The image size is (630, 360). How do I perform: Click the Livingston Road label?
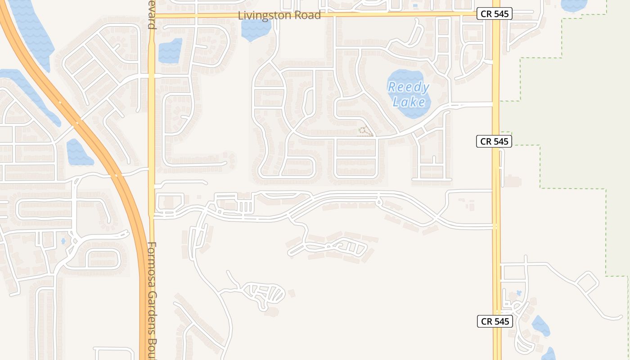[x=279, y=15]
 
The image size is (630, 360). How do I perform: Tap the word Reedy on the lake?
[x=409, y=87]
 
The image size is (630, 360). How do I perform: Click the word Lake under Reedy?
[x=409, y=102]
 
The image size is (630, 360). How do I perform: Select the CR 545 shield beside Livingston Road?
[x=494, y=14]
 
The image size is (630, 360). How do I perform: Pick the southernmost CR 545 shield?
[x=495, y=321]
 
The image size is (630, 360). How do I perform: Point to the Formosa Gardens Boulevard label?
[x=152, y=299]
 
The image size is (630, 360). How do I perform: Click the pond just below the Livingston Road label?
[x=256, y=30]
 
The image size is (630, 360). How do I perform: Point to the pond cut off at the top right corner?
[x=574, y=4]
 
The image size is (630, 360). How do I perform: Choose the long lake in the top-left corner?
[x=31, y=31]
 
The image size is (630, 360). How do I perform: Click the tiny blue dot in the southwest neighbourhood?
[x=63, y=241]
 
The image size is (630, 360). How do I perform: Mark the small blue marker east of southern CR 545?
[x=518, y=293]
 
